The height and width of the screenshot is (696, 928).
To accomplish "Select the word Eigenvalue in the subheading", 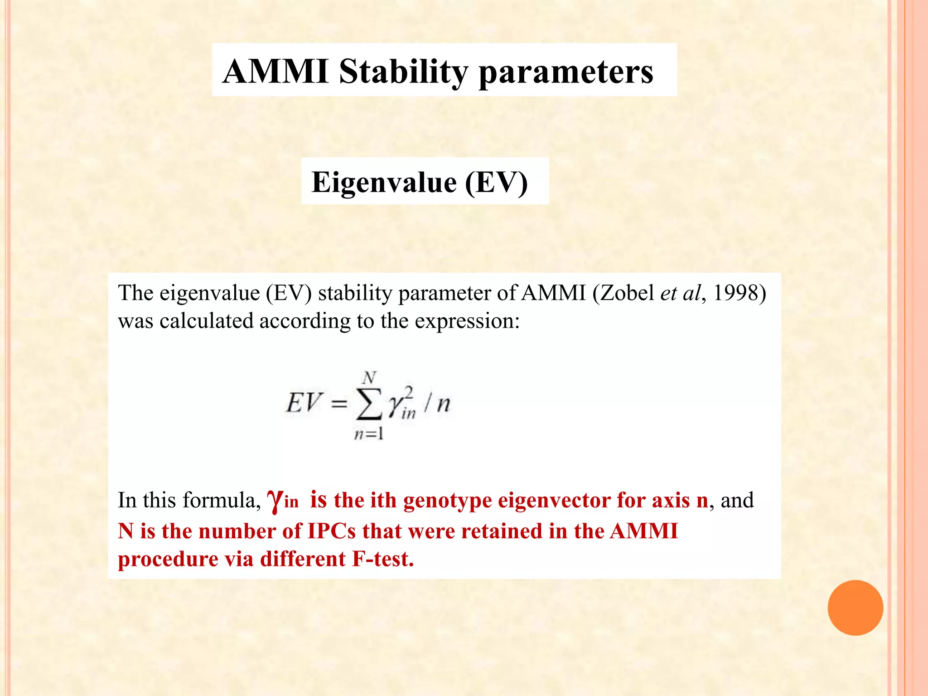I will coord(384,182).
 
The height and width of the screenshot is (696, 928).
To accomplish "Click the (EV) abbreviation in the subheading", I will coord(496,182).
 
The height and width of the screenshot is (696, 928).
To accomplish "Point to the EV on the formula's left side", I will coord(304,402).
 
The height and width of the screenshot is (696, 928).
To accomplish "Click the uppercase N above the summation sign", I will coord(369,377).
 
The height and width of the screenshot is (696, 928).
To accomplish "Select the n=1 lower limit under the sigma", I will coord(369,434).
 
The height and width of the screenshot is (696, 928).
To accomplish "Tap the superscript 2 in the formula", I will coord(409,392).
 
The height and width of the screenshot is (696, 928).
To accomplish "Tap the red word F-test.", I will coord(383,559).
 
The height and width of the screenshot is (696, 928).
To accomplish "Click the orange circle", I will coord(855,608).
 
